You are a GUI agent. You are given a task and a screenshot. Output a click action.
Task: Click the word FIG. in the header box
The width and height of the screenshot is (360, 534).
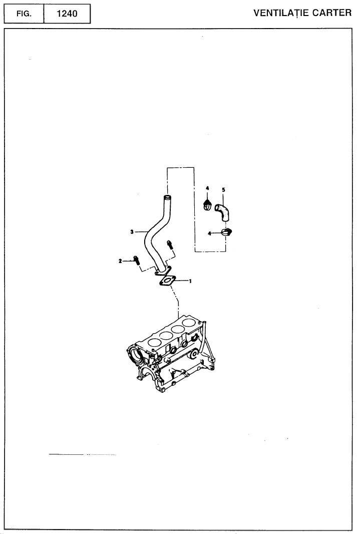pos(24,14)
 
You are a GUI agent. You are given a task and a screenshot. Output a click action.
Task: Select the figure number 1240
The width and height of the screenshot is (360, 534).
pos(67,14)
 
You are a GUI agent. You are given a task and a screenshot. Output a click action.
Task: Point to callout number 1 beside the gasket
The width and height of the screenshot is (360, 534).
pos(190,281)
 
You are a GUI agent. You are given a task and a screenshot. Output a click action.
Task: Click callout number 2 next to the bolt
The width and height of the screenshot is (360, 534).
pos(120,261)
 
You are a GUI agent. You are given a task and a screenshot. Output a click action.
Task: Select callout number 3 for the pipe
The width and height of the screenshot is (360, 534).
pos(132,232)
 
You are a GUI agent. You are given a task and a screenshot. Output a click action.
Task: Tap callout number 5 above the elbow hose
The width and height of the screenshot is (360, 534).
pos(223,190)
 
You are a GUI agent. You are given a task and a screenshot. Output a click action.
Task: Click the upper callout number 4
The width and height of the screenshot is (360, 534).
pos(207,188)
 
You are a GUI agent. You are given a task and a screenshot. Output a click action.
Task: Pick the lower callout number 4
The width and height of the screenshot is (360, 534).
pos(209,233)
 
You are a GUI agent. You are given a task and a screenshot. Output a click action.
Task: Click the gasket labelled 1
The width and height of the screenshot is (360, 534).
pos(167,282)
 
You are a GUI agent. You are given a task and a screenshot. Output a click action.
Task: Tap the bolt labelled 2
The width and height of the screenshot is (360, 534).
pos(136,260)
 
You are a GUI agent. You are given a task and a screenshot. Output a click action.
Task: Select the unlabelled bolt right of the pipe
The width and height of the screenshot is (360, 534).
pos(169,244)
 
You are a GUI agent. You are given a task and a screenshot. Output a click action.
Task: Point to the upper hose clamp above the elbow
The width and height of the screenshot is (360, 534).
pos(207,205)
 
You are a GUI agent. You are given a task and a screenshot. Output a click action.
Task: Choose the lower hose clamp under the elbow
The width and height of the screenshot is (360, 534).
pos(226,232)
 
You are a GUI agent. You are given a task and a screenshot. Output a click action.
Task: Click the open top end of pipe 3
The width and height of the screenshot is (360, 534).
pos(167,197)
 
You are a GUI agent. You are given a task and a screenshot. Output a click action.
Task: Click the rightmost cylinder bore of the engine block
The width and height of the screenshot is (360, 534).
pos(188,322)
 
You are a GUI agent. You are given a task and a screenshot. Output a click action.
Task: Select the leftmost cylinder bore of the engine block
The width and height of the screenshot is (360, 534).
pos(154,342)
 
